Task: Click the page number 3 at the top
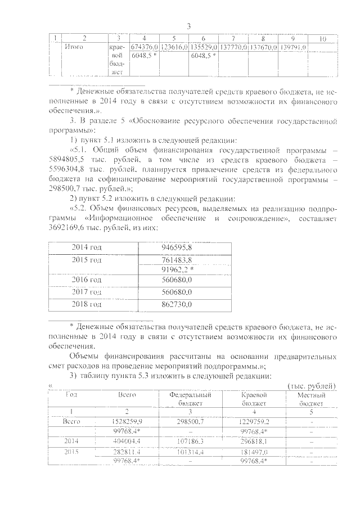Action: (189, 26)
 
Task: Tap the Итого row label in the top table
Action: (74, 47)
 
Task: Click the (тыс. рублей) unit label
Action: (311, 385)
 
